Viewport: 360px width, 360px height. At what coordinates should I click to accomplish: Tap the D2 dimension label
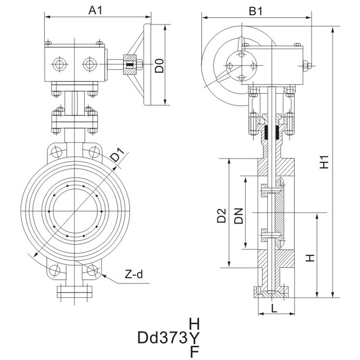[221, 216]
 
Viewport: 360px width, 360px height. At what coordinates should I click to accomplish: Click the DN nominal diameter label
[238, 216]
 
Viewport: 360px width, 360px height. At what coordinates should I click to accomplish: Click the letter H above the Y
[194, 323]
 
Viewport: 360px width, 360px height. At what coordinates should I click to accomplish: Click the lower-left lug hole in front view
[55, 270]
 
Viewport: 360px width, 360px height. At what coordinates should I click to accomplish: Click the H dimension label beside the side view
[310, 258]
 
